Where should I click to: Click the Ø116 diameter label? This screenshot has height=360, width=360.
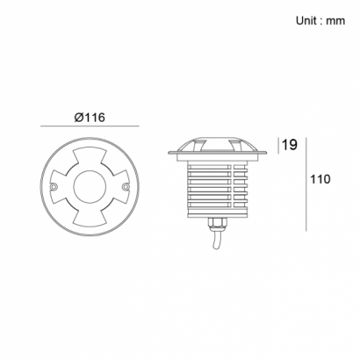click(90, 118)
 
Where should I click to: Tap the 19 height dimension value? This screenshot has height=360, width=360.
click(289, 145)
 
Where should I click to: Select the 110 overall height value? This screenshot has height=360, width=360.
click(320, 179)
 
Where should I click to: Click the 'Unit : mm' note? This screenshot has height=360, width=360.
click(320, 21)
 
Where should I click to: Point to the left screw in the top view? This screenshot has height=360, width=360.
click(53, 187)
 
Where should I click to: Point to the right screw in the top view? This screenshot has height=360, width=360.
click(126, 187)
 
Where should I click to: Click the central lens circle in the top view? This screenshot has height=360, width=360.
click(90, 187)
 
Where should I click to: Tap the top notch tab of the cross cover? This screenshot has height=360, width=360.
click(90, 156)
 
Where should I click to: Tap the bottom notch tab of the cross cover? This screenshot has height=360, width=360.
click(90, 218)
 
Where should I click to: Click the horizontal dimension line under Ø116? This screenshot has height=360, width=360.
click(90, 126)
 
